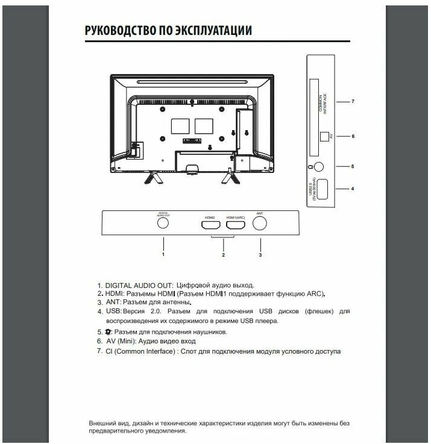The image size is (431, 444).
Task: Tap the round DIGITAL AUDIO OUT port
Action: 163,222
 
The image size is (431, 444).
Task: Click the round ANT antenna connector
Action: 260,223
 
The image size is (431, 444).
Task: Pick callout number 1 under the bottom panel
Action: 163,254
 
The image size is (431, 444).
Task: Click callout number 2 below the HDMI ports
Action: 223,255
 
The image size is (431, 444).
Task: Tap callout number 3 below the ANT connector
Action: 260,254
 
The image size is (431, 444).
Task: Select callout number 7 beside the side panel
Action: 353,102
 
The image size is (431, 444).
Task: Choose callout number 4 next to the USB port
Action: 353,189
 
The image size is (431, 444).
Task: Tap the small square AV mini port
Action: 323,137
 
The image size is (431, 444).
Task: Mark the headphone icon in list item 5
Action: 108,332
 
